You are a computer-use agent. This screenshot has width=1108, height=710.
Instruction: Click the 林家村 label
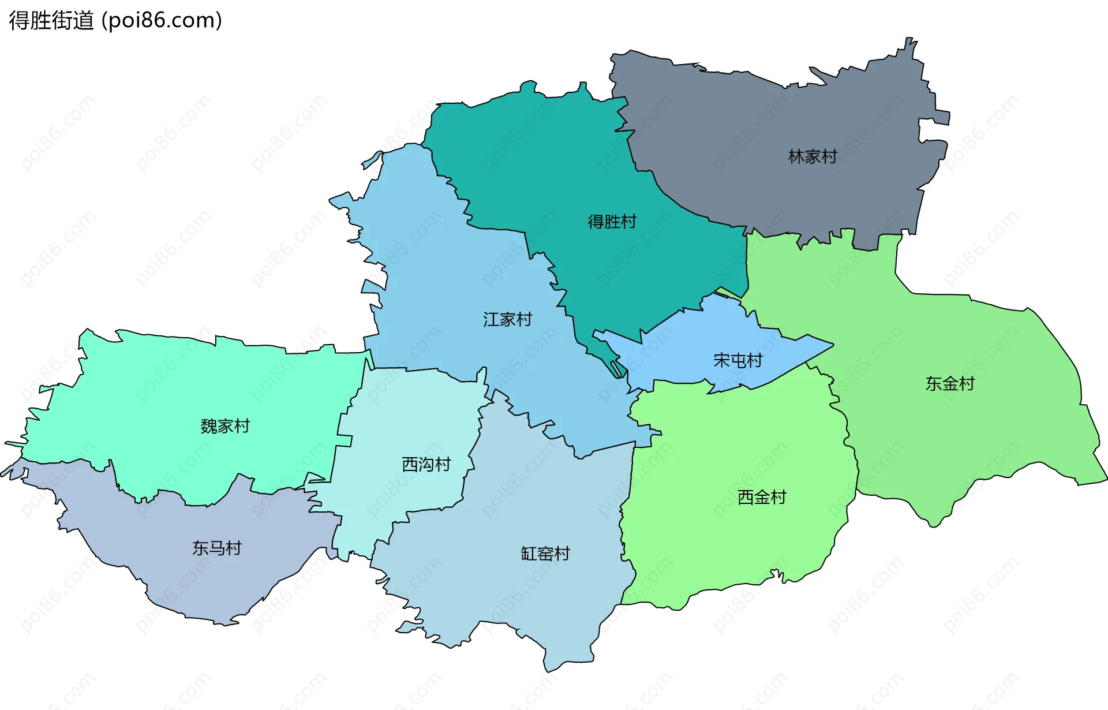[x=813, y=156]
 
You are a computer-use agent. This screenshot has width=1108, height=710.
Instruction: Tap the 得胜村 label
[x=612, y=222]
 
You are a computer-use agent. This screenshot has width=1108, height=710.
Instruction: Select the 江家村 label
[x=507, y=320]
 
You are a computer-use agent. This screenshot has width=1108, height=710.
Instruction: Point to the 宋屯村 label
[x=738, y=361]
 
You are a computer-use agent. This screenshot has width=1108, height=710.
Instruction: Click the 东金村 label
[x=950, y=384]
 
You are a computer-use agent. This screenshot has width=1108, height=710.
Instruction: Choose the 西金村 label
[x=762, y=497]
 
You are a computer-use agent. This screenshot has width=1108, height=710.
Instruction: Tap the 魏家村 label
[x=225, y=427]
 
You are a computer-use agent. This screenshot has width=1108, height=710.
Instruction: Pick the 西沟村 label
[x=426, y=465]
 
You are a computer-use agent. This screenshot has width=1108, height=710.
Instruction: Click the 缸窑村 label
[x=545, y=554]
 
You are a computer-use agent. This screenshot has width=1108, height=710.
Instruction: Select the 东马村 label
[x=217, y=548]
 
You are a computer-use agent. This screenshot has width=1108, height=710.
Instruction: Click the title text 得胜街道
[x=51, y=21]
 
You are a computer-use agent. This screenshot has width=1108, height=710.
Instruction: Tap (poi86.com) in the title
[x=162, y=21]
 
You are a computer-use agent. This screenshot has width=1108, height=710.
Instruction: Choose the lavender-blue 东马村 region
[x=173, y=577]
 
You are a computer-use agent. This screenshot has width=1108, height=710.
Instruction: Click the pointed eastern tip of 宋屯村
[x=832, y=345]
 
